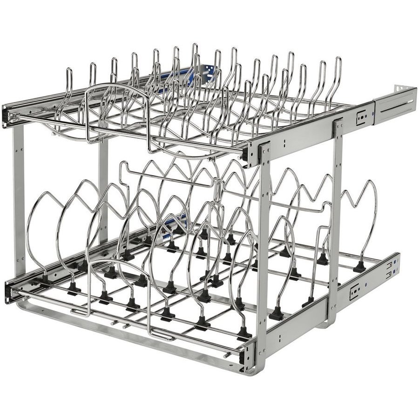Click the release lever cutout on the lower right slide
pos(355,292)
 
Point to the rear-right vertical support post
pos(335,209)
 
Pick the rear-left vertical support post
pos(103,186)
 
